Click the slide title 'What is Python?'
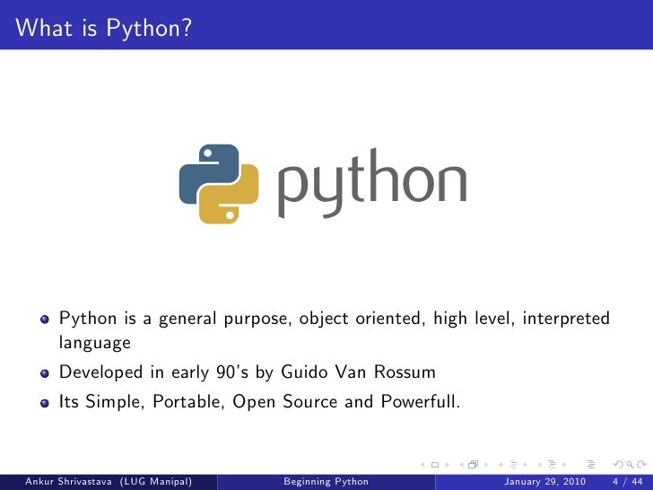point(103,29)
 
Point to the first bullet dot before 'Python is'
point(44,319)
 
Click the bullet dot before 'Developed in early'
point(44,373)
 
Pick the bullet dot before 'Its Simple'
point(44,403)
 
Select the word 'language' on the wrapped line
point(95,344)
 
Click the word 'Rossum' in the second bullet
point(405,372)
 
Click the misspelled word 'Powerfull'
point(420,402)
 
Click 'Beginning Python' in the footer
point(326,482)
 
